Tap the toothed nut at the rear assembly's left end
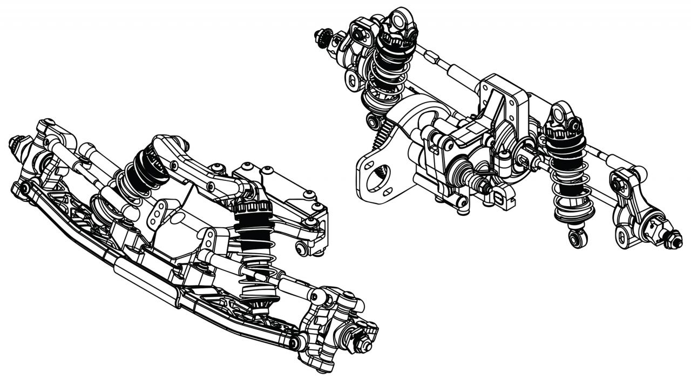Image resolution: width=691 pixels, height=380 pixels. (321, 37)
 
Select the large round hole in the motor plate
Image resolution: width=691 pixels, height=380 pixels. (376, 180)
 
